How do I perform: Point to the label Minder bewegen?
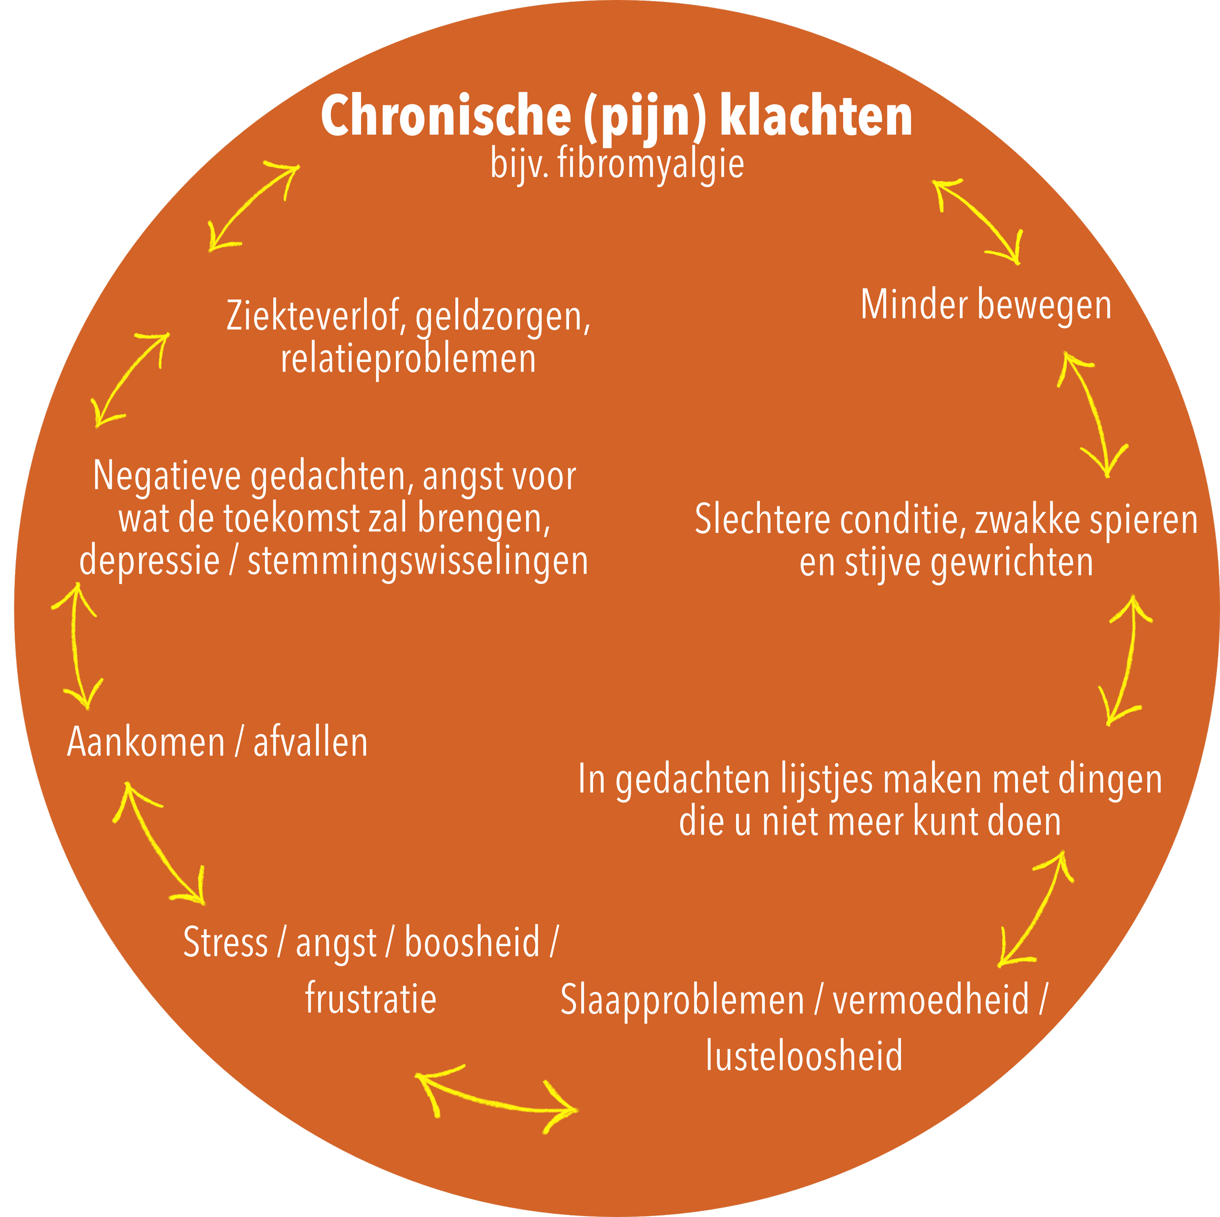coord(986,306)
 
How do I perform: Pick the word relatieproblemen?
coord(408,359)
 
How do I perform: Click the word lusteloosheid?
coord(804,1056)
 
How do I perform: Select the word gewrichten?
coord(1012,563)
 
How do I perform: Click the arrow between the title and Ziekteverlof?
coord(253,207)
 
